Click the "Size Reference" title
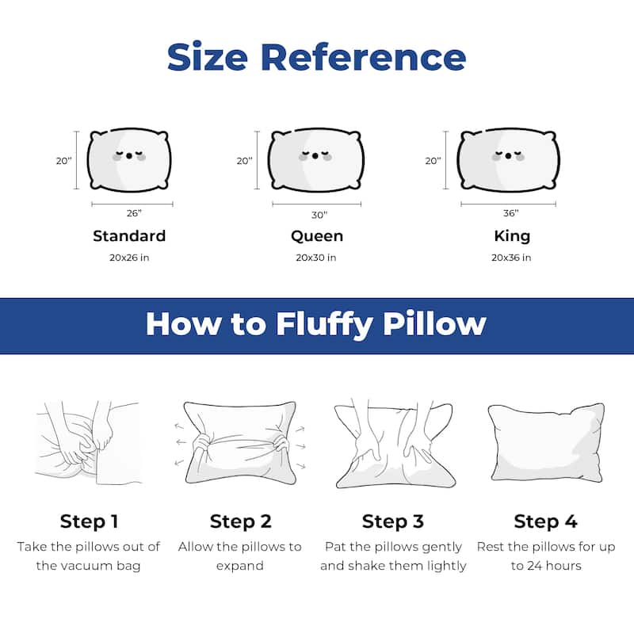point(316,57)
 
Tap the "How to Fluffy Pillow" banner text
point(315,324)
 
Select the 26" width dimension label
point(134,213)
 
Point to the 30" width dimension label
point(319,215)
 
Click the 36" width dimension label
point(510,213)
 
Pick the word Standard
point(129,235)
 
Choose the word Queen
point(317,236)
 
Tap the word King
point(512,236)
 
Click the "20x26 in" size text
point(129,258)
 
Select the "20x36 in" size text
point(511,258)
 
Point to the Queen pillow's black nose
point(315,156)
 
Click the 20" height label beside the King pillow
point(433,161)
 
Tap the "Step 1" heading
point(89,521)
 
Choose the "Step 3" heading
point(393,521)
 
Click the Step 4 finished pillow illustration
point(546,442)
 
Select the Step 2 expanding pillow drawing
point(240,443)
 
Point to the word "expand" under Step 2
point(240,566)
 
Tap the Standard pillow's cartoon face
point(129,155)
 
